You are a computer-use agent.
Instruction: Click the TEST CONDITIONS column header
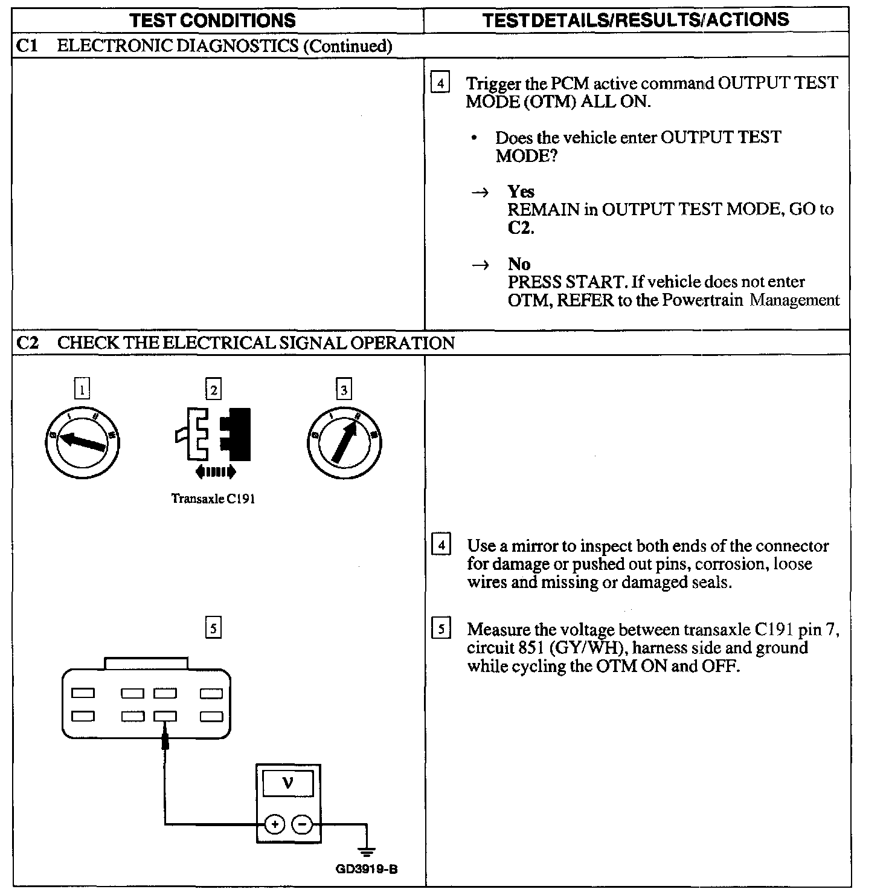(x=213, y=20)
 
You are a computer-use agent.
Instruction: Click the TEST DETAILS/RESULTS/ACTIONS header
(x=635, y=19)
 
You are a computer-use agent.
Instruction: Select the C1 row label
(x=27, y=46)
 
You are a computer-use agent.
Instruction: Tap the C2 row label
(x=27, y=343)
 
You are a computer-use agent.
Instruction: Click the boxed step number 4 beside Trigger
(x=440, y=83)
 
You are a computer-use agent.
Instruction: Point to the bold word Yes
(x=521, y=192)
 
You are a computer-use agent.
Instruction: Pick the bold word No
(x=519, y=264)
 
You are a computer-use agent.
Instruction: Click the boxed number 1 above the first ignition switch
(x=82, y=389)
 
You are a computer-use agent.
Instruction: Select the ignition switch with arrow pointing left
(x=82, y=442)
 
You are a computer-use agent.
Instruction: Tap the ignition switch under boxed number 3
(x=344, y=442)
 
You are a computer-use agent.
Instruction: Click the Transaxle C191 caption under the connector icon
(x=213, y=499)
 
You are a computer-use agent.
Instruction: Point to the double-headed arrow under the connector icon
(x=216, y=472)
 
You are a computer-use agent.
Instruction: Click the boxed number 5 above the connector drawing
(x=213, y=629)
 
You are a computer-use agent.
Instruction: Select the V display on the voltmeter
(x=288, y=784)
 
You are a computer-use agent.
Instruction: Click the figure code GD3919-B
(x=366, y=870)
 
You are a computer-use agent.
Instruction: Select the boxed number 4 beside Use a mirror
(x=441, y=545)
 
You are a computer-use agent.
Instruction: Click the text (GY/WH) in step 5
(x=586, y=648)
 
